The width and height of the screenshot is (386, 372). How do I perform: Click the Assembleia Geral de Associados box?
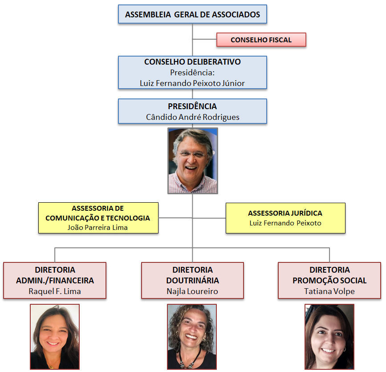click(192, 14)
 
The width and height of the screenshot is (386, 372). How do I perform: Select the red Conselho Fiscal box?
click(261, 40)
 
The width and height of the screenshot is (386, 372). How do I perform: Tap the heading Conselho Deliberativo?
click(192, 62)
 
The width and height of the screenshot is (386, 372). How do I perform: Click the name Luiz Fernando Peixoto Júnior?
click(192, 83)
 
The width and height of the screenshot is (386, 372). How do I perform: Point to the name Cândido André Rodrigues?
click(192, 117)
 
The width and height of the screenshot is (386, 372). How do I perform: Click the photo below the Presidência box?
click(192, 161)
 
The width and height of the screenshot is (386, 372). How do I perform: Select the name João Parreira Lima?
click(98, 227)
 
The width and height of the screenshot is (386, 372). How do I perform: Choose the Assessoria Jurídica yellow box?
click(285, 218)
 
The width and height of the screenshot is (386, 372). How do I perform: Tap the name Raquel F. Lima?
click(55, 291)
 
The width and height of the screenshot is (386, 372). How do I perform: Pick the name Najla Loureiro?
click(192, 291)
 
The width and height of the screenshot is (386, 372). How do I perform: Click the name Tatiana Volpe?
click(329, 291)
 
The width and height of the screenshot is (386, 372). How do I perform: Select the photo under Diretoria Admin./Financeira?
click(55, 336)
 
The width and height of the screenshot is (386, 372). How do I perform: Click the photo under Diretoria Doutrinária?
click(192, 336)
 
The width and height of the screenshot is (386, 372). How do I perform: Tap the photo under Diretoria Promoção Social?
click(329, 336)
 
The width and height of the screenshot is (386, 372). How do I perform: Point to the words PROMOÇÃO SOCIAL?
click(329, 281)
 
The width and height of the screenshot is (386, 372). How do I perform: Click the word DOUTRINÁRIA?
click(192, 281)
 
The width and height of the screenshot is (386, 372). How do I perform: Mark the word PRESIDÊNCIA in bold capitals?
click(192, 106)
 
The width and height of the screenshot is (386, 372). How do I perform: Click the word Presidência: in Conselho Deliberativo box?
click(192, 73)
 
